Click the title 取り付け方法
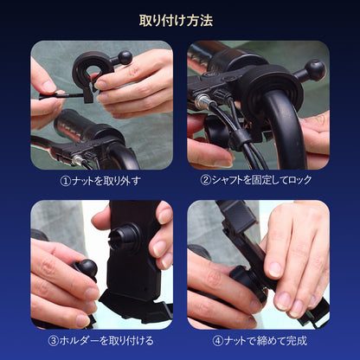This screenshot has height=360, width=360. [x=176, y=21]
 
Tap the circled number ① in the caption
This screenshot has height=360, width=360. [x=66, y=181]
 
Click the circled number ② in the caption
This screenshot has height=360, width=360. [x=205, y=180]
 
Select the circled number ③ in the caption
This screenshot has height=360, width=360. [x=53, y=341]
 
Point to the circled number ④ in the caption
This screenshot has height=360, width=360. [x=218, y=341]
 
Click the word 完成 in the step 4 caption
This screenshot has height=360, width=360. [x=297, y=341]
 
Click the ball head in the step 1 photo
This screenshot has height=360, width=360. [x=125, y=57]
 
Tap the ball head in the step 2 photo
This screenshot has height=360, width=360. [x=315, y=70]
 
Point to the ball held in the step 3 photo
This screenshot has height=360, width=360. [x=87, y=268]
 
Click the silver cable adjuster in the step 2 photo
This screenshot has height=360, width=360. [x=202, y=101]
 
